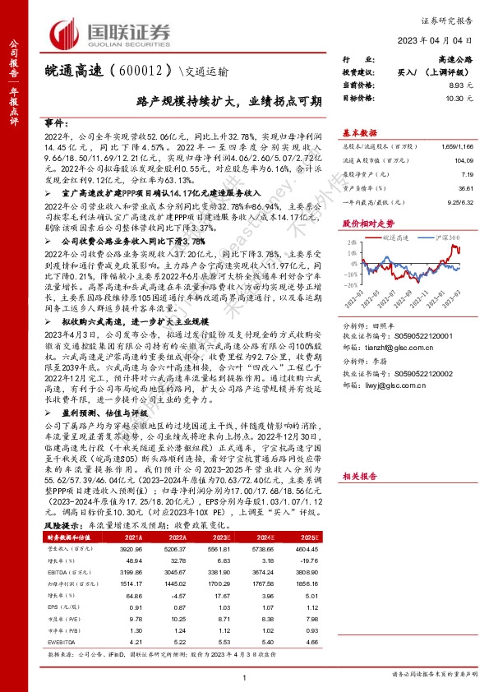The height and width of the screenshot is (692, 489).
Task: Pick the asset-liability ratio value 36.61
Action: pyautogui.click(x=468, y=188)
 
